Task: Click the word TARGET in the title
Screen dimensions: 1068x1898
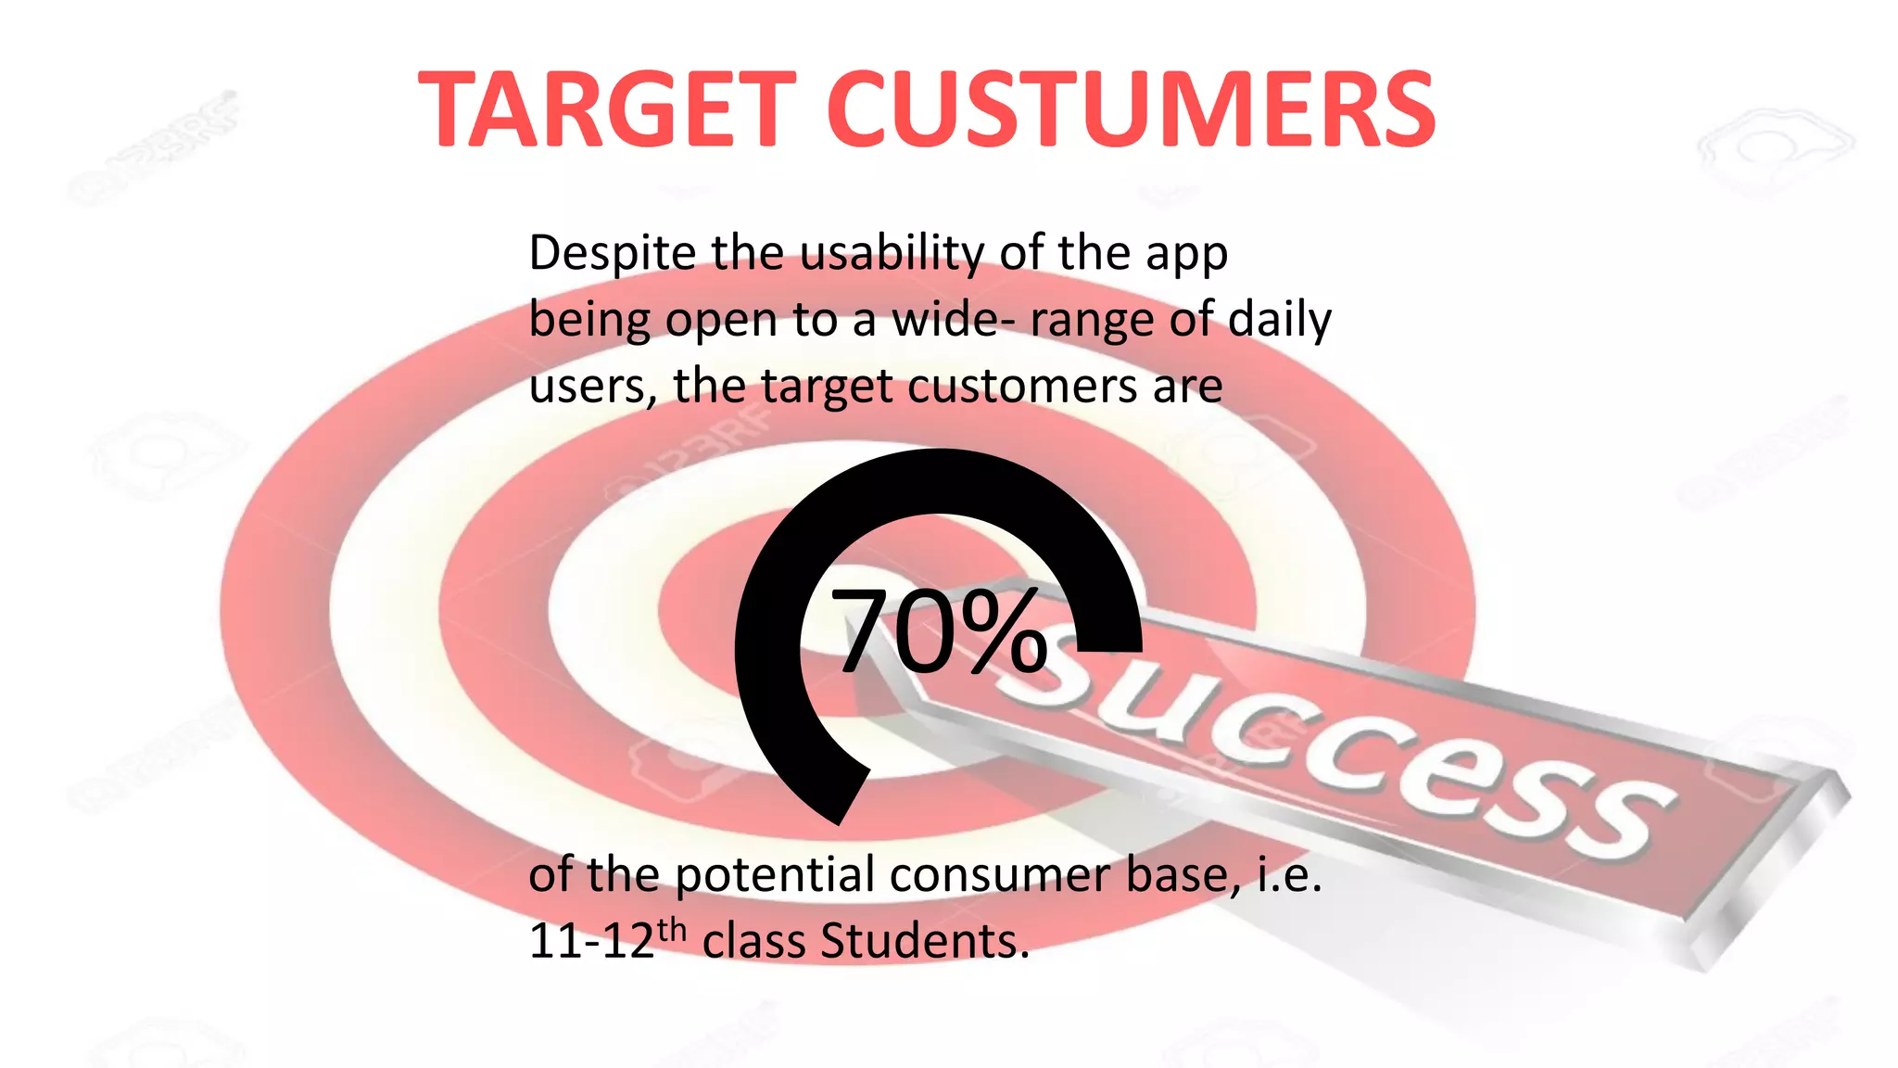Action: point(607,110)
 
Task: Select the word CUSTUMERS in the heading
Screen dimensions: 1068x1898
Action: point(1131,110)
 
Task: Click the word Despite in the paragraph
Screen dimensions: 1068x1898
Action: point(612,253)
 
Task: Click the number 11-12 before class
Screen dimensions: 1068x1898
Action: point(591,942)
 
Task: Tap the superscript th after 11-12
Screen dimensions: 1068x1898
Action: point(672,930)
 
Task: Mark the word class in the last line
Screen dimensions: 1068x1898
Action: point(754,942)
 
